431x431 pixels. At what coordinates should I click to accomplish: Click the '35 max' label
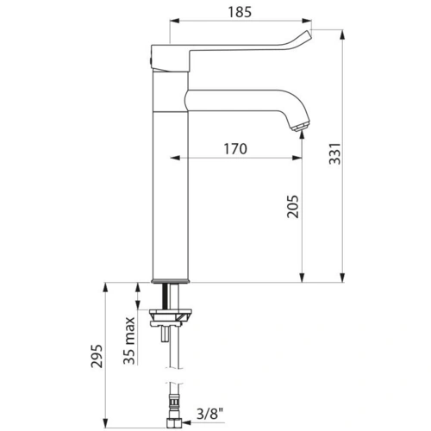click(129, 342)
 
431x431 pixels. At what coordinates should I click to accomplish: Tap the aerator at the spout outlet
click(298, 128)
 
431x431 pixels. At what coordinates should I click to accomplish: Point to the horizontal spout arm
click(241, 97)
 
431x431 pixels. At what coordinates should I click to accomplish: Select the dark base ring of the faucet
click(170, 280)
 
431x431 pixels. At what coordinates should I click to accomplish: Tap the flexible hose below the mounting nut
click(169, 362)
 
